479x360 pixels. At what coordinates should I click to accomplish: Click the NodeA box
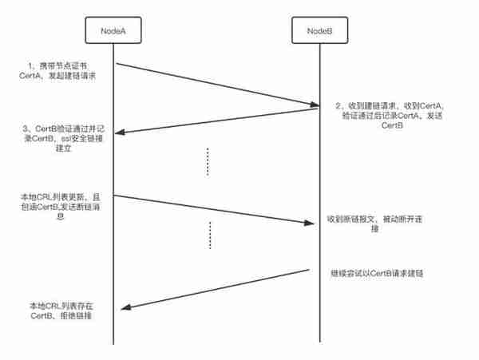pos(113,30)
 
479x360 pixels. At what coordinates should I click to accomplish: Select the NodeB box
pos(320,30)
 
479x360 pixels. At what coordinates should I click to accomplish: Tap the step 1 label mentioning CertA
pos(57,71)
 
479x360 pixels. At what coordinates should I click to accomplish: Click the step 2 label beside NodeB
pos(390,116)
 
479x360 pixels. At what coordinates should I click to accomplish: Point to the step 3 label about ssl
pos(63,138)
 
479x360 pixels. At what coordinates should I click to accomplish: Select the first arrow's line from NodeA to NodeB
pos(217,85)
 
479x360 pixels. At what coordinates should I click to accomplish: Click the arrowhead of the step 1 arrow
pos(315,105)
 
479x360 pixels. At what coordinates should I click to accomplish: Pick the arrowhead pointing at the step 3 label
pos(119,133)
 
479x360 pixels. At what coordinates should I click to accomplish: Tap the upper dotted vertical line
pos(208,162)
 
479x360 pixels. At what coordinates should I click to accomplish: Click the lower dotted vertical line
pos(210,235)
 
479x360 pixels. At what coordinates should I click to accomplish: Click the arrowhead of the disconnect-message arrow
pos(309,223)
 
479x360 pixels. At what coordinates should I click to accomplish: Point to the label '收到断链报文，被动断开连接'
pos(374,224)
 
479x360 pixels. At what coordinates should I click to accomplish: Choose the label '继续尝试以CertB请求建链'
pos(377,273)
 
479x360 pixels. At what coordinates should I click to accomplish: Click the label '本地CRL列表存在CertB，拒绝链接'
pos(61,311)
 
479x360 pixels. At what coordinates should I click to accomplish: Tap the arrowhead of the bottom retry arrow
pos(126,307)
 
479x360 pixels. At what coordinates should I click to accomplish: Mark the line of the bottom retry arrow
pos(215,289)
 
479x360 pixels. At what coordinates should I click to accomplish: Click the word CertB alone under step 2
pos(392,125)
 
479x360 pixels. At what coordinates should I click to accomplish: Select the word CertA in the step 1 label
pos(30,76)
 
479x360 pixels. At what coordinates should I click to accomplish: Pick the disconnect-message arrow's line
pos(214,209)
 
